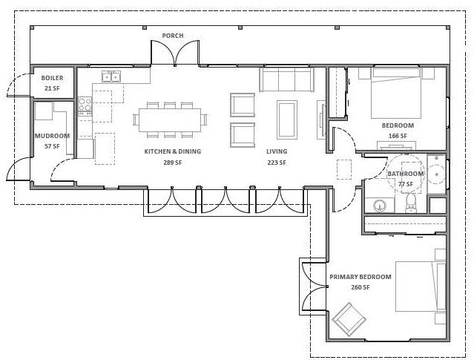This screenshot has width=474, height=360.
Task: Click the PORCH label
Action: tap(173, 36)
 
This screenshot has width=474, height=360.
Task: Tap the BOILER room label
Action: tap(52, 78)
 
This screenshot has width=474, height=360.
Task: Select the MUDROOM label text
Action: tap(52, 136)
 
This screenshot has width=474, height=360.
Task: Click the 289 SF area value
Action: tap(173, 163)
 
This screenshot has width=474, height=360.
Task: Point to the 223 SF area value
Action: tap(277, 163)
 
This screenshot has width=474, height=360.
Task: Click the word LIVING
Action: tap(277, 151)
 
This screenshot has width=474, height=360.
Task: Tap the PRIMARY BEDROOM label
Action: tap(361, 277)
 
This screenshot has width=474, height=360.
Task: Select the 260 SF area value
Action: tap(361, 287)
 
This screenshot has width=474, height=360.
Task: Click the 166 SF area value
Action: tap(398, 136)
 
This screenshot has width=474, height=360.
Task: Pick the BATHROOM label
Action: tap(405, 174)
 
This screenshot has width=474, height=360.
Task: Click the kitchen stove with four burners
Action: tap(85, 106)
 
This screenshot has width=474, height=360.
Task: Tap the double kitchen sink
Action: tap(111, 76)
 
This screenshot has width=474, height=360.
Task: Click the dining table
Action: tap(170, 120)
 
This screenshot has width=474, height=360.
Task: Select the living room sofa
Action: tap(286, 79)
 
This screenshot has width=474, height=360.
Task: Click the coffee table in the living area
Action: tap(286, 120)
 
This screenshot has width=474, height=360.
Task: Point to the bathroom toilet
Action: tap(410, 203)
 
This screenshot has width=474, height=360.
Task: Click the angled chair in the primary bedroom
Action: tap(349, 319)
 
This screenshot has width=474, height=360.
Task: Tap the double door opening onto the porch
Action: tap(175, 53)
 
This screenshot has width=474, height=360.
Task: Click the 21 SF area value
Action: tap(52, 88)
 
